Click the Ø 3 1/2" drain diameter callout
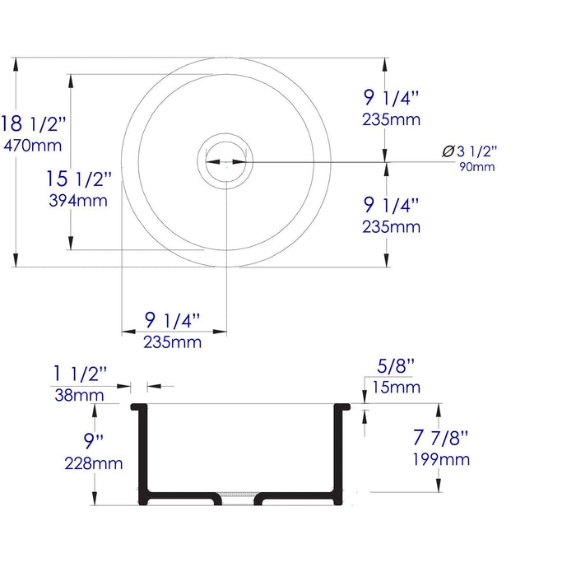point(470,151)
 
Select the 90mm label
point(477,167)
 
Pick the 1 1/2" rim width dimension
point(81,374)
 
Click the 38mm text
point(81,395)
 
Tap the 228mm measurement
point(94,463)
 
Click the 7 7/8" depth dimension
point(442,438)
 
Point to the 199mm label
point(444,459)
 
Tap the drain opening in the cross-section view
point(239,498)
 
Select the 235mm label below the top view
point(173,341)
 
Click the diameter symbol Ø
point(448,151)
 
